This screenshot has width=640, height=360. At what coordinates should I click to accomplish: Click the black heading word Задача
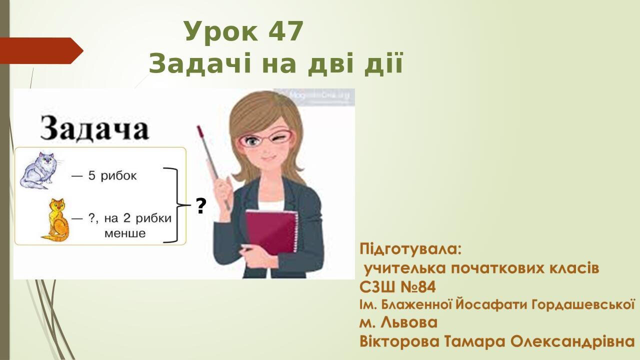pyautogui.click(x=94, y=128)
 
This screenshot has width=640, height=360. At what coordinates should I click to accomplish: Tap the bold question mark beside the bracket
pyautogui.click(x=201, y=206)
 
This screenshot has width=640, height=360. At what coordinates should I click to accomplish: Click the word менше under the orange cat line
pyautogui.click(x=125, y=233)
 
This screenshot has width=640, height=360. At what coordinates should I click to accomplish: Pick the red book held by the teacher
pyautogui.click(x=271, y=230)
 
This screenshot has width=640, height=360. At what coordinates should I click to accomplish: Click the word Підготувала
pyautogui.click(x=410, y=248)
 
